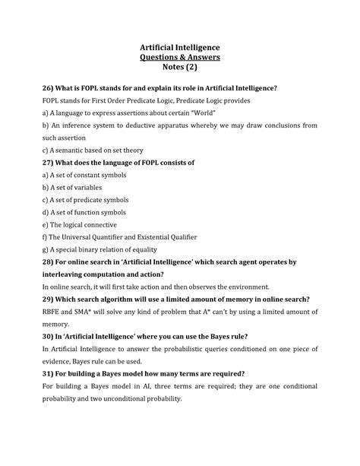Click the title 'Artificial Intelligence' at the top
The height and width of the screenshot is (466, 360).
click(179, 49)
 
